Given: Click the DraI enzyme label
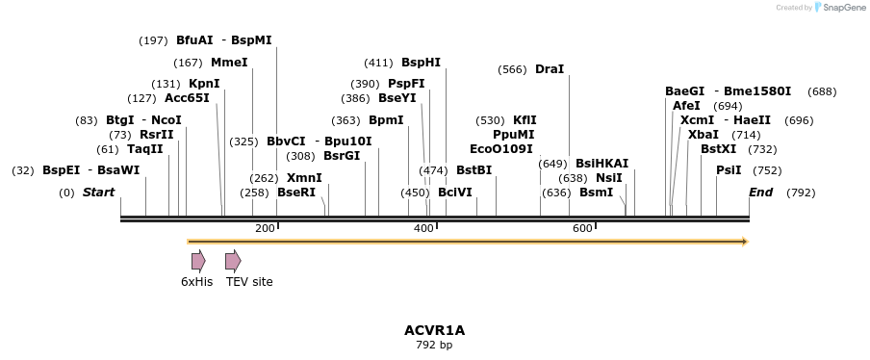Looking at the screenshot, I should pyautogui.click(x=550, y=69).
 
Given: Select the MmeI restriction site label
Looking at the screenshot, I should pyautogui.click(x=229, y=63).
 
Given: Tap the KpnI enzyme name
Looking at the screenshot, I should pyautogui.click(x=204, y=84).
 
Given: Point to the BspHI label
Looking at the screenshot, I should pyautogui.click(x=421, y=63).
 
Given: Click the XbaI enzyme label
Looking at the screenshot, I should pyautogui.click(x=704, y=135).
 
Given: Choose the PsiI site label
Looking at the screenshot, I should pyautogui.click(x=729, y=170).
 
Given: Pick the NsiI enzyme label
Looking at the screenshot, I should pyautogui.click(x=609, y=178).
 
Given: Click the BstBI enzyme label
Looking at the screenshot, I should pyautogui.click(x=473, y=170).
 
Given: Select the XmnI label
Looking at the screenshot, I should pyautogui.click(x=304, y=178).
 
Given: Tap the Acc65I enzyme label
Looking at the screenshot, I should pyautogui.click(x=187, y=98).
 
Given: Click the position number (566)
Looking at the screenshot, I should pyautogui.click(x=512, y=69).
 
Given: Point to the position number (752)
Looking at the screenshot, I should pyautogui.click(x=767, y=170).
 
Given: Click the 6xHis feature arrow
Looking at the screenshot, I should pyautogui.click(x=198, y=261).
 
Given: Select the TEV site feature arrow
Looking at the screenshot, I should pyautogui.click(x=233, y=261).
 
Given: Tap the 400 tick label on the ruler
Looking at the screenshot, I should pyautogui.click(x=423, y=228).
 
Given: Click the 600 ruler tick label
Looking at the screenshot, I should pyautogui.click(x=582, y=228).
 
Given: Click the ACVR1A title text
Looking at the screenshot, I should pyautogui.click(x=434, y=330).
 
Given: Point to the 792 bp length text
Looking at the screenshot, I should pyautogui.click(x=434, y=345).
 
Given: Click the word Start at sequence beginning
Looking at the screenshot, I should pyautogui.click(x=98, y=193).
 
